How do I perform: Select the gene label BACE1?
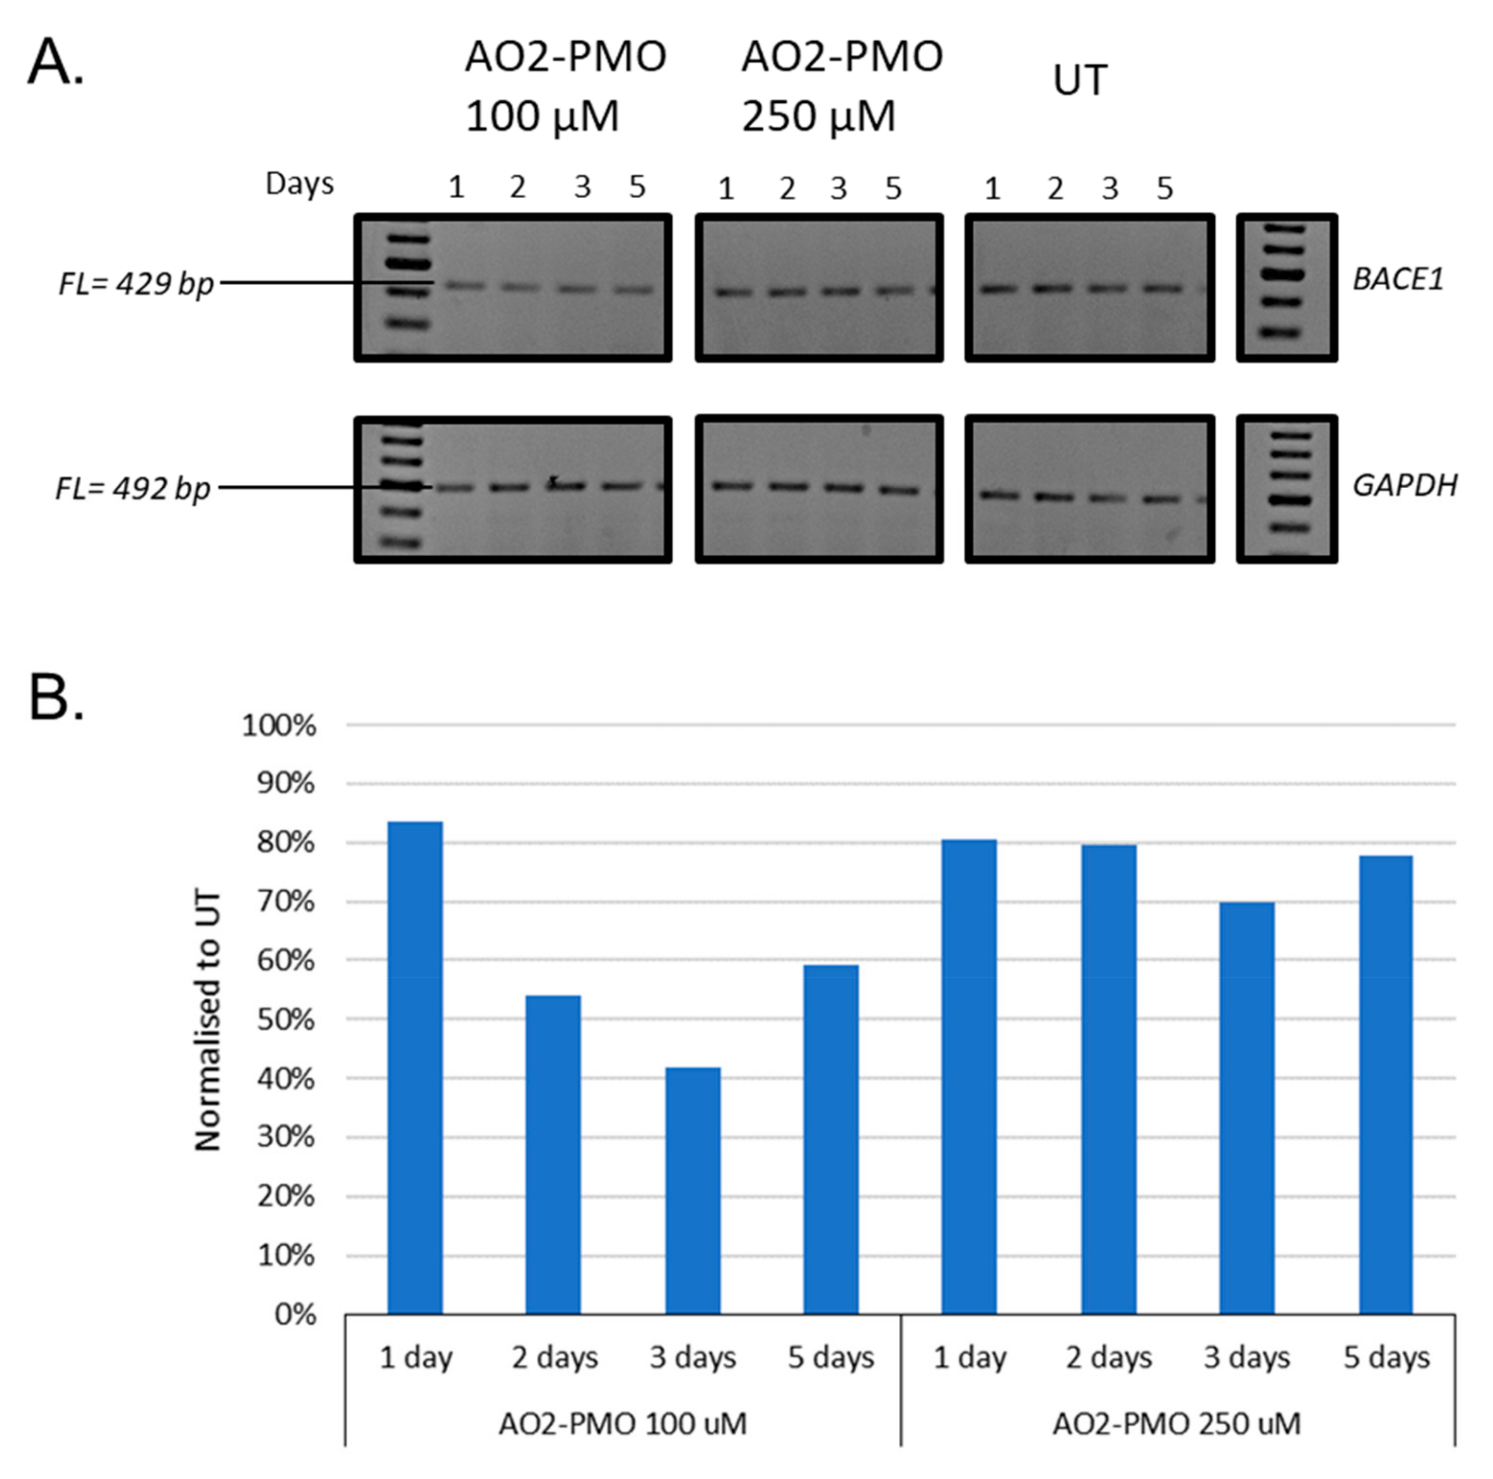(x=1398, y=280)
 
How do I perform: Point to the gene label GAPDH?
(x=1404, y=485)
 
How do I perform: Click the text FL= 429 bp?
(x=136, y=284)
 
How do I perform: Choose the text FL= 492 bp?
(x=133, y=489)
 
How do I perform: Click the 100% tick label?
(x=280, y=726)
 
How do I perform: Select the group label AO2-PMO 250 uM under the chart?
(x=1176, y=1423)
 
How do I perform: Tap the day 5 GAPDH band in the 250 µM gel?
(x=899, y=490)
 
